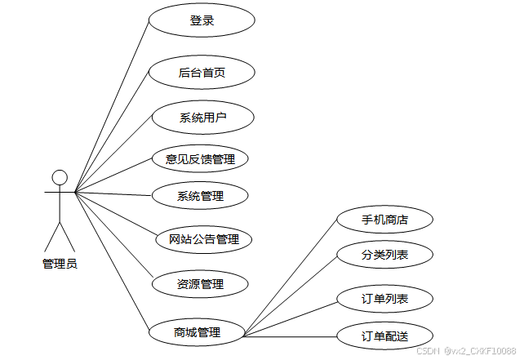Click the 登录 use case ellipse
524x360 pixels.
point(202,20)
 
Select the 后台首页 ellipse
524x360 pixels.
point(202,73)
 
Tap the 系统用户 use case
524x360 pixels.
point(202,117)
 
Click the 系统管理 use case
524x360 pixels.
point(200,195)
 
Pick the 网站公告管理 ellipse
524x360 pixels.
point(203,239)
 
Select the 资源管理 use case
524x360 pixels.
point(200,284)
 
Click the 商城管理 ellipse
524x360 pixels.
point(197,332)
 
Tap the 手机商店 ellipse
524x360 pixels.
point(384,220)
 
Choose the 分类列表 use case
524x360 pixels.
point(384,256)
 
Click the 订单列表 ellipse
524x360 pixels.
point(384,299)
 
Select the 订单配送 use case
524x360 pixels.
point(384,336)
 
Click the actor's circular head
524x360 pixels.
point(59,177)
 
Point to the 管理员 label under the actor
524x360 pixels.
point(60,264)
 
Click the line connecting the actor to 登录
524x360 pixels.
point(113,104)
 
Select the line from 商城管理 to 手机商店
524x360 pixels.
point(291,278)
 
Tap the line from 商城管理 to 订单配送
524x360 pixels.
point(291,336)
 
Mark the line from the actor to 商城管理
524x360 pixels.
point(112,259)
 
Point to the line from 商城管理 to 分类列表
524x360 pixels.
point(291,296)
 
